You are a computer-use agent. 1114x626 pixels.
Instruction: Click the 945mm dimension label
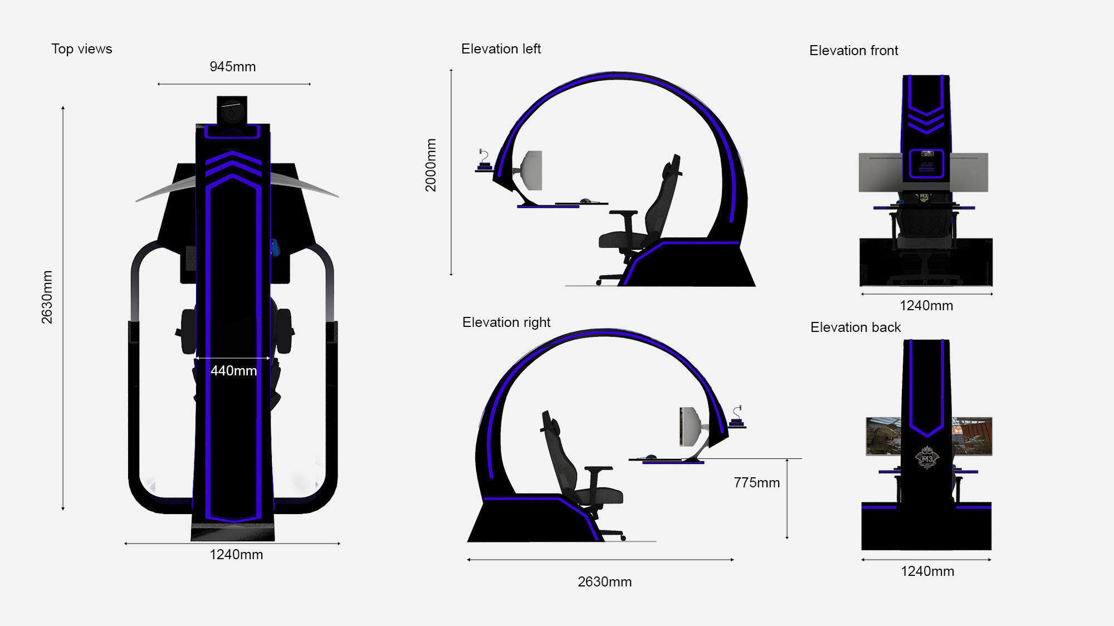[232, 67]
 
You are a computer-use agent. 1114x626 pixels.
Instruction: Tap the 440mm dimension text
[233, 371]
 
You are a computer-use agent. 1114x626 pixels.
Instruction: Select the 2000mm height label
[431, 165]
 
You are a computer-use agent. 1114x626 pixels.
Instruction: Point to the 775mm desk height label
[756, 483]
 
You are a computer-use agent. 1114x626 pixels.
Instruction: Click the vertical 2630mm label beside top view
[47, 297]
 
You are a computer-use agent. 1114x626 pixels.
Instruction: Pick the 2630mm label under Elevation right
[604, 582]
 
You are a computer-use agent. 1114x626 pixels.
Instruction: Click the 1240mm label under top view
[236, 555]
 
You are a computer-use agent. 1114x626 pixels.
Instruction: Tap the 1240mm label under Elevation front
[926, 306]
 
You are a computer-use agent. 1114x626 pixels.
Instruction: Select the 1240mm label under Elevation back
[927, 571]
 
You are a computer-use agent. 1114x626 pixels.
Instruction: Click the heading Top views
[82, 49]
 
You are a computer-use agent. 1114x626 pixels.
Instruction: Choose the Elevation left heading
[501, 49]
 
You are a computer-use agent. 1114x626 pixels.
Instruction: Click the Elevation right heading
[506, 322]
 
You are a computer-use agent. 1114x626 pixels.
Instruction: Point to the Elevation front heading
[853, 51]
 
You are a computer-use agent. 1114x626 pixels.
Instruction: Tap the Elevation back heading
[855, 327]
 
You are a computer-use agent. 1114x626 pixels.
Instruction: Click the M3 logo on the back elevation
[927, 458]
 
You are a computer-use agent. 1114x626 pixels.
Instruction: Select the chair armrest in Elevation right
[598, 470]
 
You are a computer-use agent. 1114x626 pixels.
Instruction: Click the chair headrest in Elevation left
[675, 165]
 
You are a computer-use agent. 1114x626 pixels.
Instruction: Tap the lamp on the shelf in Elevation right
[737, 415]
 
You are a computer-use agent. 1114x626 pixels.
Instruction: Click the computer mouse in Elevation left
[585, 201]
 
